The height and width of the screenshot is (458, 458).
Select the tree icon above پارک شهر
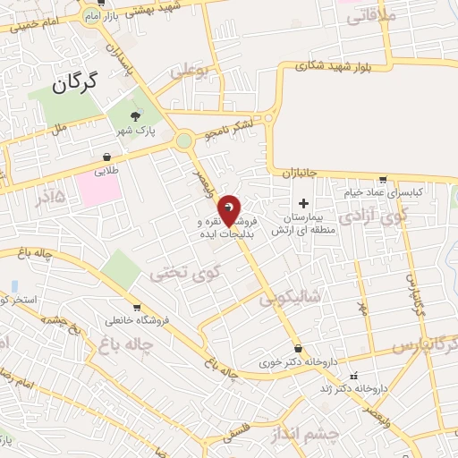click(135, 115)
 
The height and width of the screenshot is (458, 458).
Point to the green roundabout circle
click(184, 140)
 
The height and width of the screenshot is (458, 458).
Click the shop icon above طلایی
click(106, 153)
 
